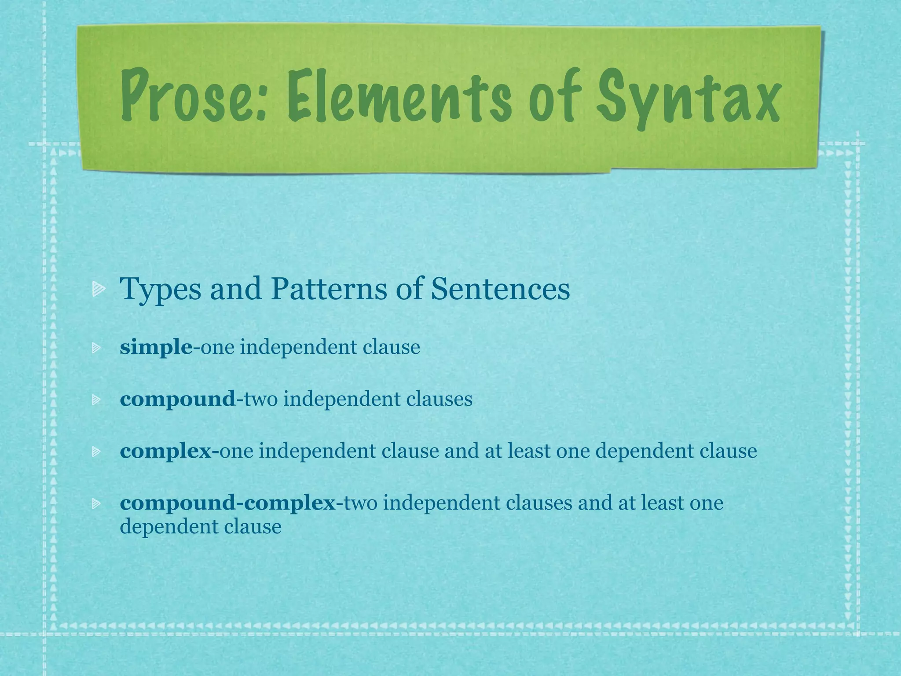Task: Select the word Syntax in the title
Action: (689, 99)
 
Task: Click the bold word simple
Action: (156, 348)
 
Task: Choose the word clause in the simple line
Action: (391, 347)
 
